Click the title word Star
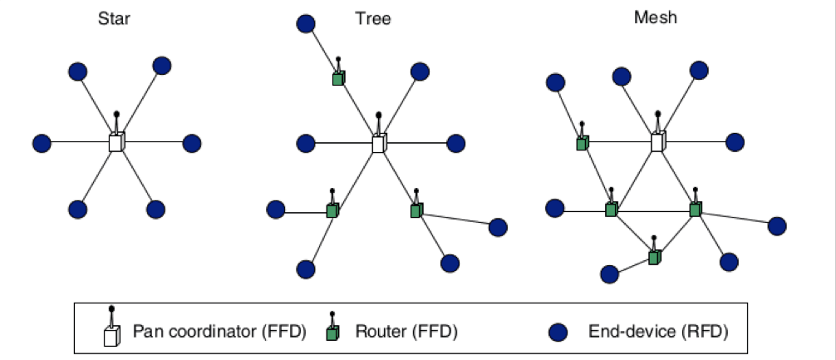tap(114, 17)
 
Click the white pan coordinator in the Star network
tap(116, 142)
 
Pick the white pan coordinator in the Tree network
tap(378, 143)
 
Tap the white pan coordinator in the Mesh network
tap(657, 142)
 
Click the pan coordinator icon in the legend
tap(111, 335)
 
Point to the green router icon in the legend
tap(333, 333)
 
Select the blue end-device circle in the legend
tap(558, 333)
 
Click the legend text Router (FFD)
tap(406, 333)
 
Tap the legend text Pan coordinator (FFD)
tap(219, 333)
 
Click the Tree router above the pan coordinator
tap(338, 78)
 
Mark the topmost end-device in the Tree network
tap(306, 23)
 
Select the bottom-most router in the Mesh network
tap(654, 258)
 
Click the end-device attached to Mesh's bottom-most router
tap(609, 273)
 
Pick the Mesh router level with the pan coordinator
tap(583, 143)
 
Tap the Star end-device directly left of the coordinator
tap(42, 143)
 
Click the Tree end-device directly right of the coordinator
tap(455, 143)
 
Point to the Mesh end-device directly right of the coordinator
tap(735, 142)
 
